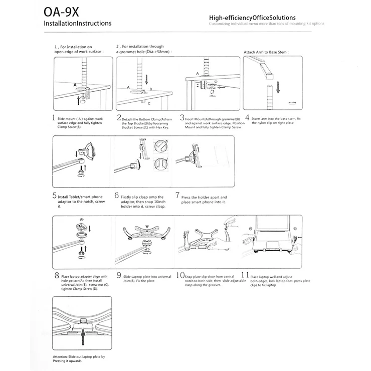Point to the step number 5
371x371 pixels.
click(54, 196)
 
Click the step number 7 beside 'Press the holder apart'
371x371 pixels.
click(177, 196)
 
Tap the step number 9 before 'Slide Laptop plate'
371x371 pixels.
click(118, 275)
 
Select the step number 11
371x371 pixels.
click(245, 275)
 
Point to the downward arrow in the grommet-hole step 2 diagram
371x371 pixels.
click(146, 79)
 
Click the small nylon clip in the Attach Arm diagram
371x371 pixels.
click(291, 102)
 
